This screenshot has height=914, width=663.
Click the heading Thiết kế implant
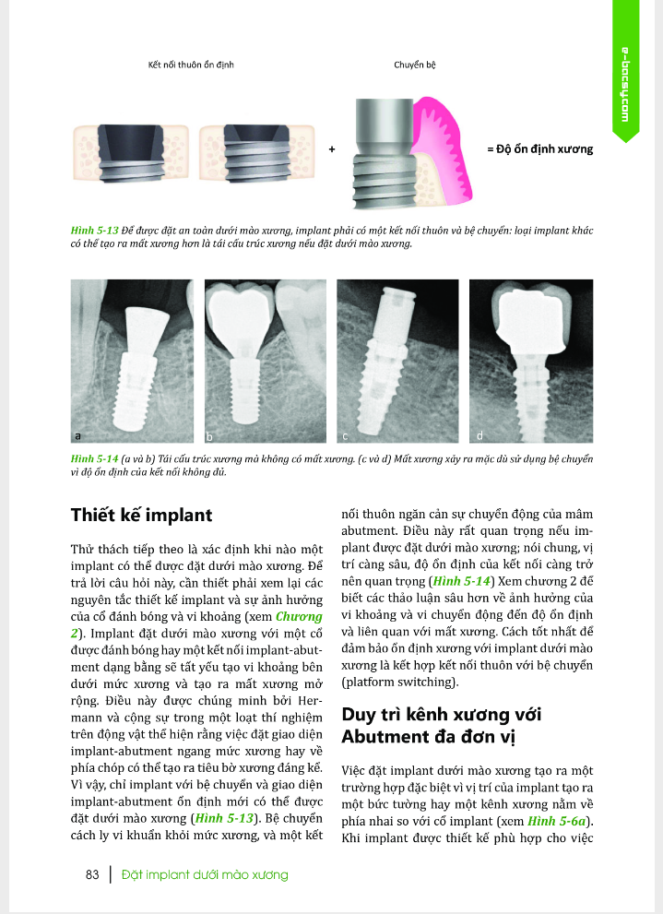(142, 516)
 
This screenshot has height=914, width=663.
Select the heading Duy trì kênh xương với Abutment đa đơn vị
(441, 726)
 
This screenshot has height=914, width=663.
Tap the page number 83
(91, 874)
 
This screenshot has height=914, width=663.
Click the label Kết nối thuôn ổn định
(192, 66)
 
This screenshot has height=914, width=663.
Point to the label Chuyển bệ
(414, 66)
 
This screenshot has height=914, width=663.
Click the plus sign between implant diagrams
(331, 148)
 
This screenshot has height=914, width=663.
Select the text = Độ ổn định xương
(539, 148)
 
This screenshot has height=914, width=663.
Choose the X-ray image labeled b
(265, 361)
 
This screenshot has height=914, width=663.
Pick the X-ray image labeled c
(398, 361)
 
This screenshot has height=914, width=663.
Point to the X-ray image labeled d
(530, 361)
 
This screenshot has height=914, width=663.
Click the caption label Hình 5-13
(91, 225)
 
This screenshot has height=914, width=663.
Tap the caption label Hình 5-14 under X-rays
(91, 458)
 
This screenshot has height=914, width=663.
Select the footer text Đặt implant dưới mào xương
(205, 874)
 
